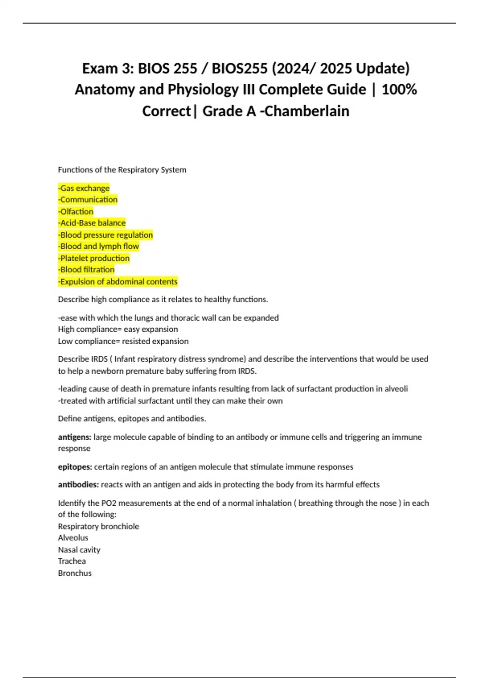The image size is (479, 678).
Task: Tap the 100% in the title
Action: (399, 89)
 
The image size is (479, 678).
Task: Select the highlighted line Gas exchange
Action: (84, 188)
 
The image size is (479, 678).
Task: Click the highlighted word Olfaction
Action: (76, 211)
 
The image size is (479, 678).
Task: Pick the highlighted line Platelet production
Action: (94, 258)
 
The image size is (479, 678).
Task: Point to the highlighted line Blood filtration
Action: (87, 270)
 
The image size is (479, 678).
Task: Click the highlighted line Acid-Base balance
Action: (92, 223)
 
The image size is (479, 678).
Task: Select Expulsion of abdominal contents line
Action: (118, 282)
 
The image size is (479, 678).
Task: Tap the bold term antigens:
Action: (75, 437)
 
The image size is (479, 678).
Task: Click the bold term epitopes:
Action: (75, 467)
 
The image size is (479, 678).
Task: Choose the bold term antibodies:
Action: (78, 485)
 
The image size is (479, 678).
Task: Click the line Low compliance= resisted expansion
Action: (123, 341)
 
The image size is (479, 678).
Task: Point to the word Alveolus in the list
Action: (73, 538)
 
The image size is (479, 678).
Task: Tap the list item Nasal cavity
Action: (79, 550)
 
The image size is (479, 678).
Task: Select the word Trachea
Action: (72, 561)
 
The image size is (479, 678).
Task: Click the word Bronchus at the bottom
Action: (75, 573)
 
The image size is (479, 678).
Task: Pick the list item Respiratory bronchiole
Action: (99, 526)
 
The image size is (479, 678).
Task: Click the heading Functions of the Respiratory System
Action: (122, 169)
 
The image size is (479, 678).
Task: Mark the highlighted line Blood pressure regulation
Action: (106, 235)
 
